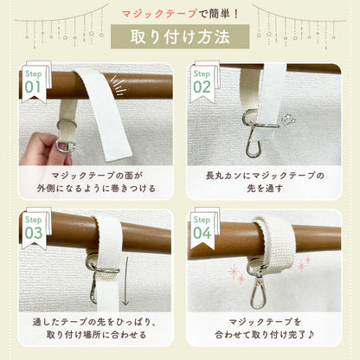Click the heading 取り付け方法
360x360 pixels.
coord(180,37)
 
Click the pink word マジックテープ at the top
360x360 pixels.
coord(159,14)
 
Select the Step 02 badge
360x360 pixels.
coord(203,82)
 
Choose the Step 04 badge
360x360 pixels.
coord(203,228)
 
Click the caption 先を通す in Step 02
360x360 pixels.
coord(265,189)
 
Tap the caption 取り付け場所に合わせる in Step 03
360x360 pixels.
coord(96,335)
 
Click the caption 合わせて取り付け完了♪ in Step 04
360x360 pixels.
coord(265,335)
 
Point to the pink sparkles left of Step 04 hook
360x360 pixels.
coord(236,273)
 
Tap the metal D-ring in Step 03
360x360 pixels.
coord(101,264)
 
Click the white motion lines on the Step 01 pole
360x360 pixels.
coord(119,85)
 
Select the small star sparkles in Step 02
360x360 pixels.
coord(289,119)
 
